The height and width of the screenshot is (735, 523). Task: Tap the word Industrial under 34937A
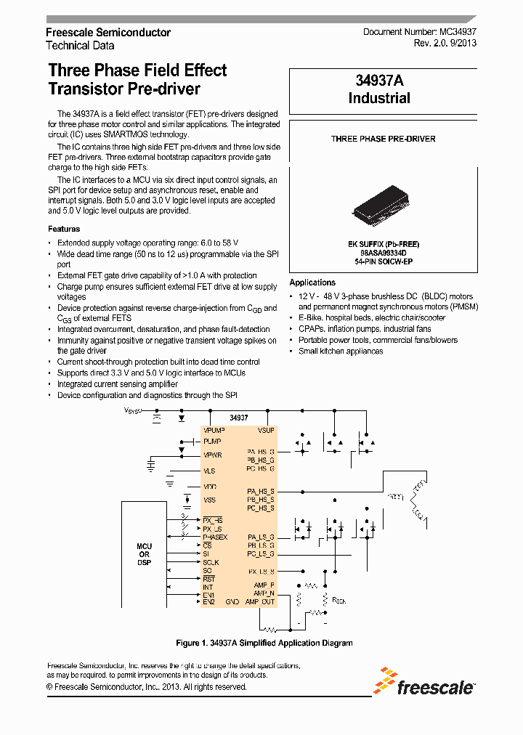379,98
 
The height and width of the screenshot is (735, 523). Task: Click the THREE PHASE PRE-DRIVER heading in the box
383,139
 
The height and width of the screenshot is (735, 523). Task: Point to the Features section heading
64,229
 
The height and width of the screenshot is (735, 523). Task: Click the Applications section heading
312,283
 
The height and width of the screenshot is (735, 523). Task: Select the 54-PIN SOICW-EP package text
383,261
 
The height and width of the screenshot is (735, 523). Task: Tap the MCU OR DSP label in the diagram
144,554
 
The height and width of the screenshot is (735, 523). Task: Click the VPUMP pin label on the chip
214,430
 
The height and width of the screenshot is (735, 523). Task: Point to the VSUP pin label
266,430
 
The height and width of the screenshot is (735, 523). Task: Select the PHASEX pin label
216,537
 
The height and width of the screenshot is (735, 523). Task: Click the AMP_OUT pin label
260,601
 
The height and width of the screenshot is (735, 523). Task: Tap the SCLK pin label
211,562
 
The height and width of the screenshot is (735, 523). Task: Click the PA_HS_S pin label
261,491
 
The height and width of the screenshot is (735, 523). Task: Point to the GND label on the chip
232,601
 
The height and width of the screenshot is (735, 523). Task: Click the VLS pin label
209,471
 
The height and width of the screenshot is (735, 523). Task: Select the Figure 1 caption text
264,643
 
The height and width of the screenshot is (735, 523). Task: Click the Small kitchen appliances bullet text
341,351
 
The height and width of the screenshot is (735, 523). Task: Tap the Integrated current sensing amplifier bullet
118,383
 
